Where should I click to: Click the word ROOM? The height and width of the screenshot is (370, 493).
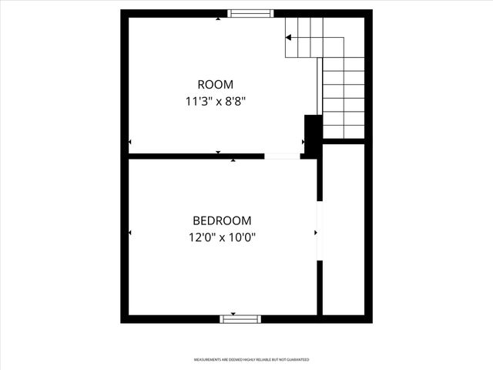pos(215,85)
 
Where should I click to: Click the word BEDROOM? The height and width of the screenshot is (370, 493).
pos(222,220)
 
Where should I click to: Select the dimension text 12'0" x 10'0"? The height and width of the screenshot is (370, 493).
pos(222,237)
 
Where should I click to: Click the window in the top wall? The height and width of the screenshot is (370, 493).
pos(250,13)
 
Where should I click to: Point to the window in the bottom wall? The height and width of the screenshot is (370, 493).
pos(240,318)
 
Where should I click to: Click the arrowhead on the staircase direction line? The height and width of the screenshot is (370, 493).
pos(289,37)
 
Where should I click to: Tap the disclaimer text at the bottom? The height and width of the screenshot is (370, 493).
pos(251,360)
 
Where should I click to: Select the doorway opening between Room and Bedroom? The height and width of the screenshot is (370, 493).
pos(283,156)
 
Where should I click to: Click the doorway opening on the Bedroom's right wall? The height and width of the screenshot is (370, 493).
pos(319,231)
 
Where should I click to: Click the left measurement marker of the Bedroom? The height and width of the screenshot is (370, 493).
pos(130,233)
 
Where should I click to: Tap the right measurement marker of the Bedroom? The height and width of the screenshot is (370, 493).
pos(315,232)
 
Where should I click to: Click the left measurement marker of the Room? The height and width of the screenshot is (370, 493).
pos(130,142)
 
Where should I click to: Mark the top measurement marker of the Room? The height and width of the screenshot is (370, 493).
pos(218,18)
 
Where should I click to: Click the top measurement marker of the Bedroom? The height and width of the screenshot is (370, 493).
pos(233,160)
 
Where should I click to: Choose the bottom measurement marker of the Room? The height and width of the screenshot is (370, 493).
pos(218,153)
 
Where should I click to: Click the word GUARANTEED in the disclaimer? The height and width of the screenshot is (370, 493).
pos(297,360)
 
